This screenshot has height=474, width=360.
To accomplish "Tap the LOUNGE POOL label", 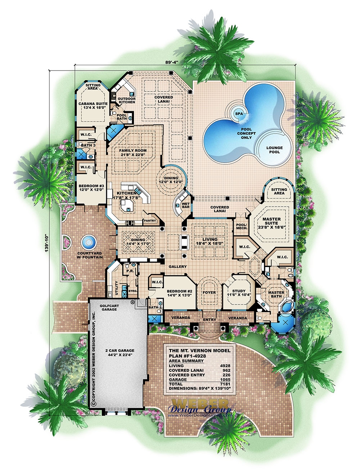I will click(x=274, y=150).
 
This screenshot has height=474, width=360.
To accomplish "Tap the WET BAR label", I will click(x=186, y=205).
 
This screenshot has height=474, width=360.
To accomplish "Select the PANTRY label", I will click(x=150, y=221).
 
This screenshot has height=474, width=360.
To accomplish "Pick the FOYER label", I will click(x=209, y=292).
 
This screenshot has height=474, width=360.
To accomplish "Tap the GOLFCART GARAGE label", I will click(x=109, y=307).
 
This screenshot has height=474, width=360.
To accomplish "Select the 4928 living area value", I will click(x=225, y=366).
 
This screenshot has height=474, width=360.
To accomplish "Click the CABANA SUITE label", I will click(x=93, y=105).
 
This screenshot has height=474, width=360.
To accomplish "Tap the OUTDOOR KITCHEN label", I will click(x=127, y=100).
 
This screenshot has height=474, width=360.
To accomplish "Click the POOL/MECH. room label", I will click(x=241, y=226).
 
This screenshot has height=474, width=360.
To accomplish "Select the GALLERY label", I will click(x=178, y=267).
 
